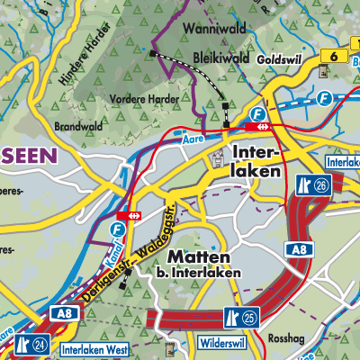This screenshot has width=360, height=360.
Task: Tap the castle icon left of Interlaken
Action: click(x=217, y=160)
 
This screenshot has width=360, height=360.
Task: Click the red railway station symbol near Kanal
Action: click(x=130, y=216)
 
